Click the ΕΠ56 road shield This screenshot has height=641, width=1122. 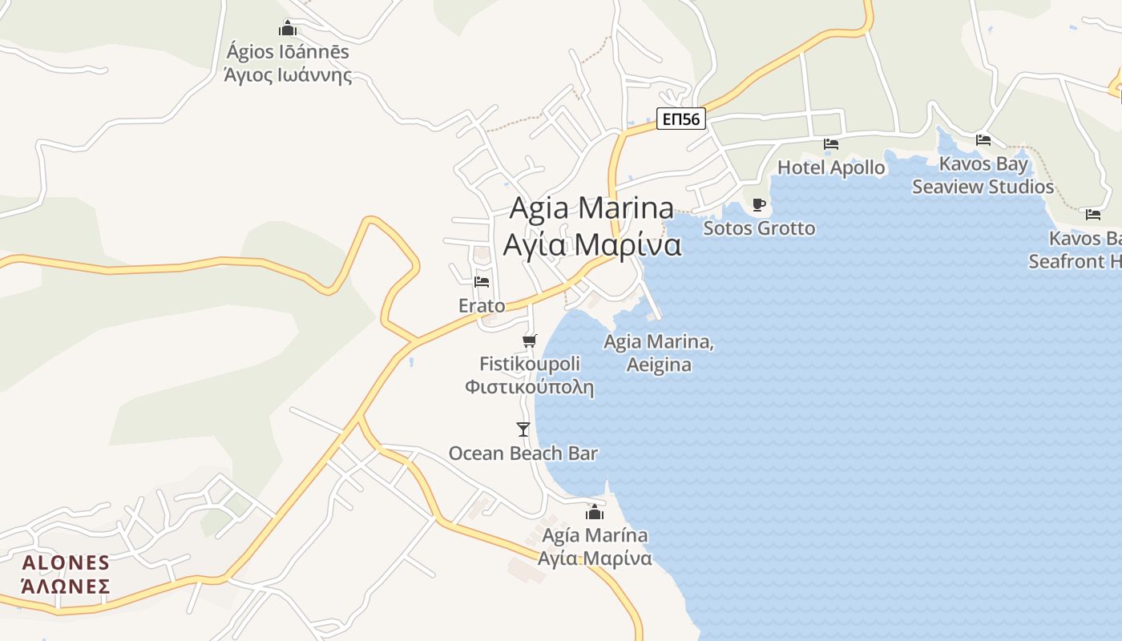click(x=681, y=119)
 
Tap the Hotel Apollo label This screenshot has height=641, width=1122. click(x=831, y=167)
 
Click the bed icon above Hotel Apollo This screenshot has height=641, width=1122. click(x=831, y=144)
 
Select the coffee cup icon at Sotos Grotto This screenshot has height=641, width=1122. click(x=758, y=205)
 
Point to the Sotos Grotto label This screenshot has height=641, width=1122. click(x=759, y=228)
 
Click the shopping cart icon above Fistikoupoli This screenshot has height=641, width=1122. click(x=529, y=341)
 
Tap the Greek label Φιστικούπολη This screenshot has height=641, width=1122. click(x=529, y=388)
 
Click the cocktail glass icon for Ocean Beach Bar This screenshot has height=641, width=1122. click(x=523, y=429)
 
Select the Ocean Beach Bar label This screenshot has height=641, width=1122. click(x=523, y=454)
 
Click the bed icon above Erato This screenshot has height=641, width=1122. click(x=482, y=282)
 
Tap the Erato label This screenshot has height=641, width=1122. click(x=482, y=305)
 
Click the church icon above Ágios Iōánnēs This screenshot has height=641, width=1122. click(x=288, y=30)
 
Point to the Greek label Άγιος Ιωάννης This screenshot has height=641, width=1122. click(x=288, y=76)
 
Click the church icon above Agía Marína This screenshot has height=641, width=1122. click(x=595, y=512)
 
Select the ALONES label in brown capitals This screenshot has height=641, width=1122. click(x=66, y=562)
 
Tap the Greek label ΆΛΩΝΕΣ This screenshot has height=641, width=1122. click(x=66, y=586)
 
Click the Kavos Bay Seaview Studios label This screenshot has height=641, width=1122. click(x=983, y=175)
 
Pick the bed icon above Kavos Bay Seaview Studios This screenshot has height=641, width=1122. click(x=983, y=140)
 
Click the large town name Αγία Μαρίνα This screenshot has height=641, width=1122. click(x=592, y=244)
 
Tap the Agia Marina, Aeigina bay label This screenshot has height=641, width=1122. click(x=658, y=353)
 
